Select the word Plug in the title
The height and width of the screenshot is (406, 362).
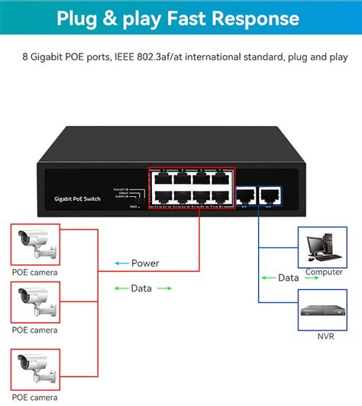80,18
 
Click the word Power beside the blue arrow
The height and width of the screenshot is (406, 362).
145,263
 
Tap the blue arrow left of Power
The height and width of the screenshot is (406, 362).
121,263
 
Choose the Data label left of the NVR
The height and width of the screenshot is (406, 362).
288,278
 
